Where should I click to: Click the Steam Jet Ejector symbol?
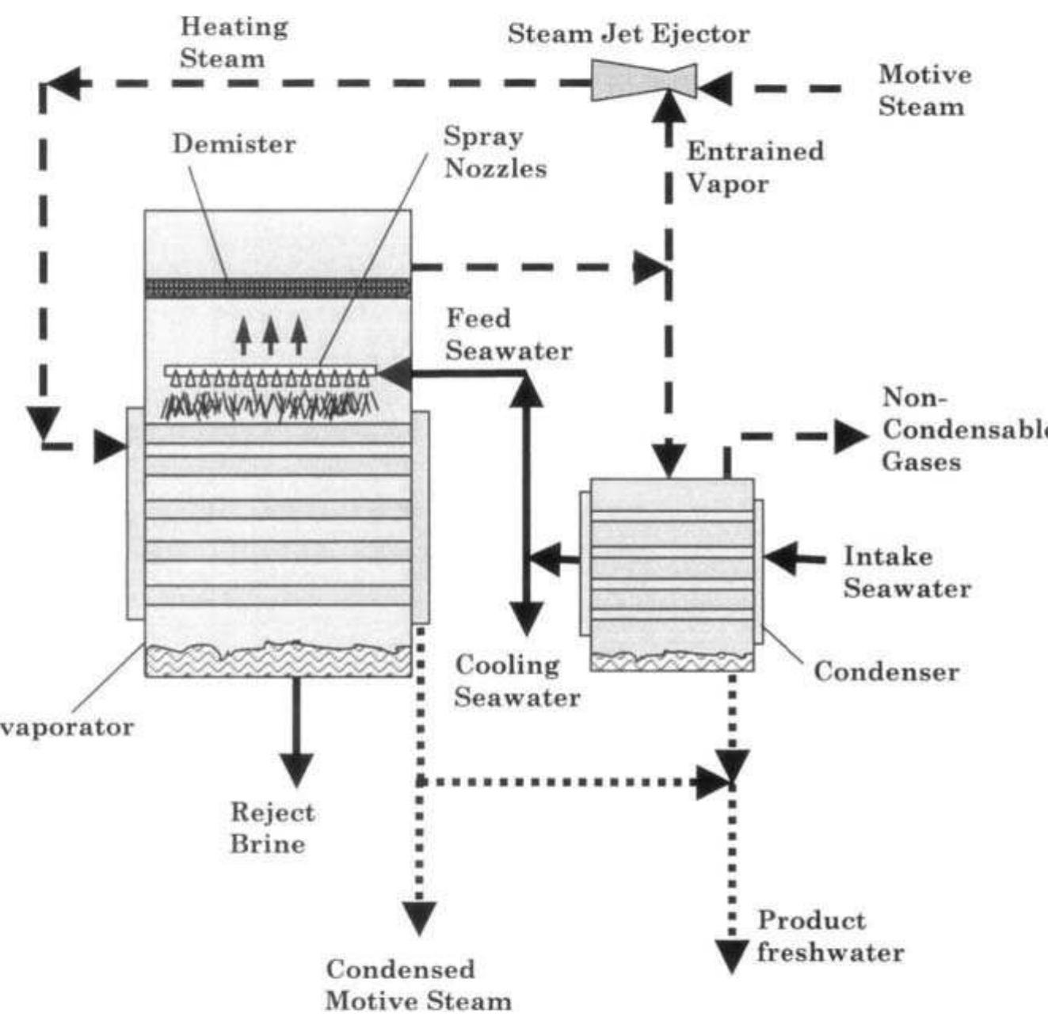[x=643, y=82]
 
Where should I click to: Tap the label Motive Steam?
[x=923, y=91]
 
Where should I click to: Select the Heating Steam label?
[x=233, y=43]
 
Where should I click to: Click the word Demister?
[x=234, y=144]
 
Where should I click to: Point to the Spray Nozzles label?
[x=494, y=152]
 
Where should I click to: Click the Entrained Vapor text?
[x=754, y=167]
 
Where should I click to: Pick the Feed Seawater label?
[x=508, y=335]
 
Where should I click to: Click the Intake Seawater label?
[x=906, y=573]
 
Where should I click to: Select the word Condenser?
[x=886, y=672]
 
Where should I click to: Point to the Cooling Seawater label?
[x=516, y=681]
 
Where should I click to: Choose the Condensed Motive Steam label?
[x=417, y=985]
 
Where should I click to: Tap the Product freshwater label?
[x=829, y=936]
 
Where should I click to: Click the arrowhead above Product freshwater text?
[x=732, y=954]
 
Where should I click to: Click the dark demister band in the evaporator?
[x=277, y=288]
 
